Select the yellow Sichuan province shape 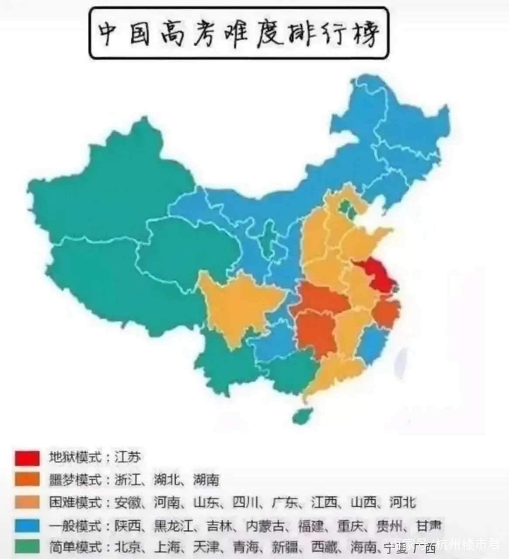pyautogui.click(x=236, y=301)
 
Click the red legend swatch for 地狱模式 pyautogui.click(x=27, y=458)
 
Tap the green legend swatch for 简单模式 pyautogui.click(x=27, y=546)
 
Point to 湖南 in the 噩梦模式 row pyautogui.click(x=206, y=480)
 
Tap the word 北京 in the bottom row pyautogui.click(x=127, y=546)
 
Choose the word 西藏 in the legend pyautogui.click(x=324, y=546)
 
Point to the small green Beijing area pyautogui.click(x=346, y=207)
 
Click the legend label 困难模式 pyautogui.click(x=74, y=503)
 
